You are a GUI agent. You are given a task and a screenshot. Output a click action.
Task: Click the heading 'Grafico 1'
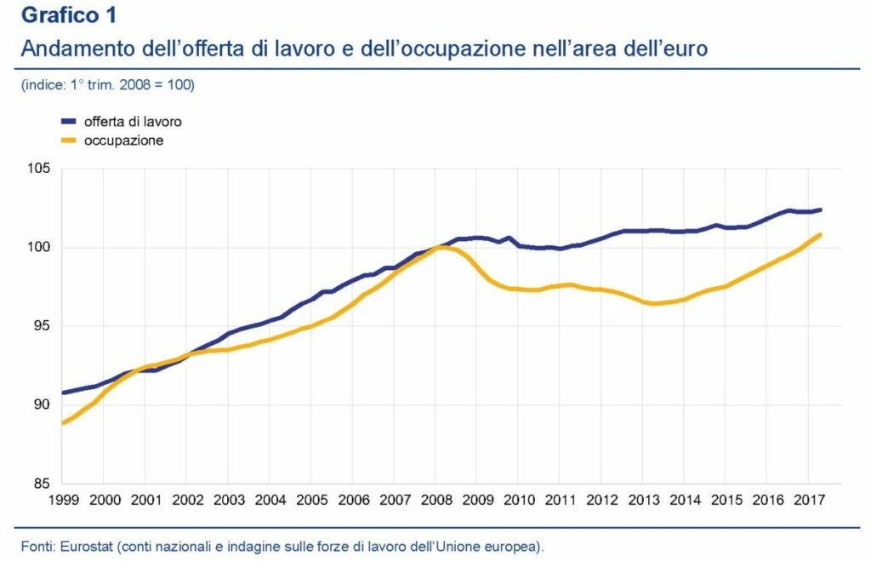(70, 15)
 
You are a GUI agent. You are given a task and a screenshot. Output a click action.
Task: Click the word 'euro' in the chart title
(686, 49)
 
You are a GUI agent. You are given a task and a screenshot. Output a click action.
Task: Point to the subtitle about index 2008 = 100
(108, 85)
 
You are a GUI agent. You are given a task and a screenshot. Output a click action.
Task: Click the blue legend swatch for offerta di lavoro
(69, 122)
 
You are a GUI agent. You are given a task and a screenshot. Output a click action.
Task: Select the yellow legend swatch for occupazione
(69, 140)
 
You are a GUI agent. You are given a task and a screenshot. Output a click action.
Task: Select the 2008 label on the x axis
(436, 499)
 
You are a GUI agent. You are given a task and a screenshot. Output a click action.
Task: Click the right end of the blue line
(821, 209)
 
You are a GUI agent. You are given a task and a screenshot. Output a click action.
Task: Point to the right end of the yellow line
(821, 234)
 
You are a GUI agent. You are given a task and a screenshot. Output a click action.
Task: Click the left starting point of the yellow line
(63, 422)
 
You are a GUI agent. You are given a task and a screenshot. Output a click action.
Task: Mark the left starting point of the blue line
(63, 393)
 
